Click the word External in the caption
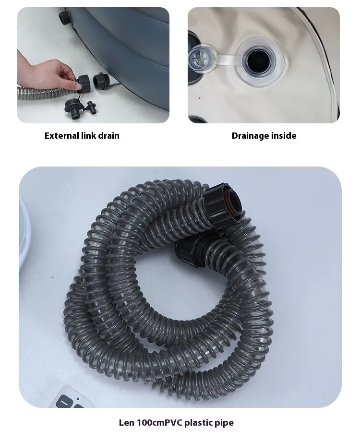point(61,136)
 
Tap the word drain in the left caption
point(108,136)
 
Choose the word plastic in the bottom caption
point(200,423)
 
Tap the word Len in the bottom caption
point(127,422)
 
